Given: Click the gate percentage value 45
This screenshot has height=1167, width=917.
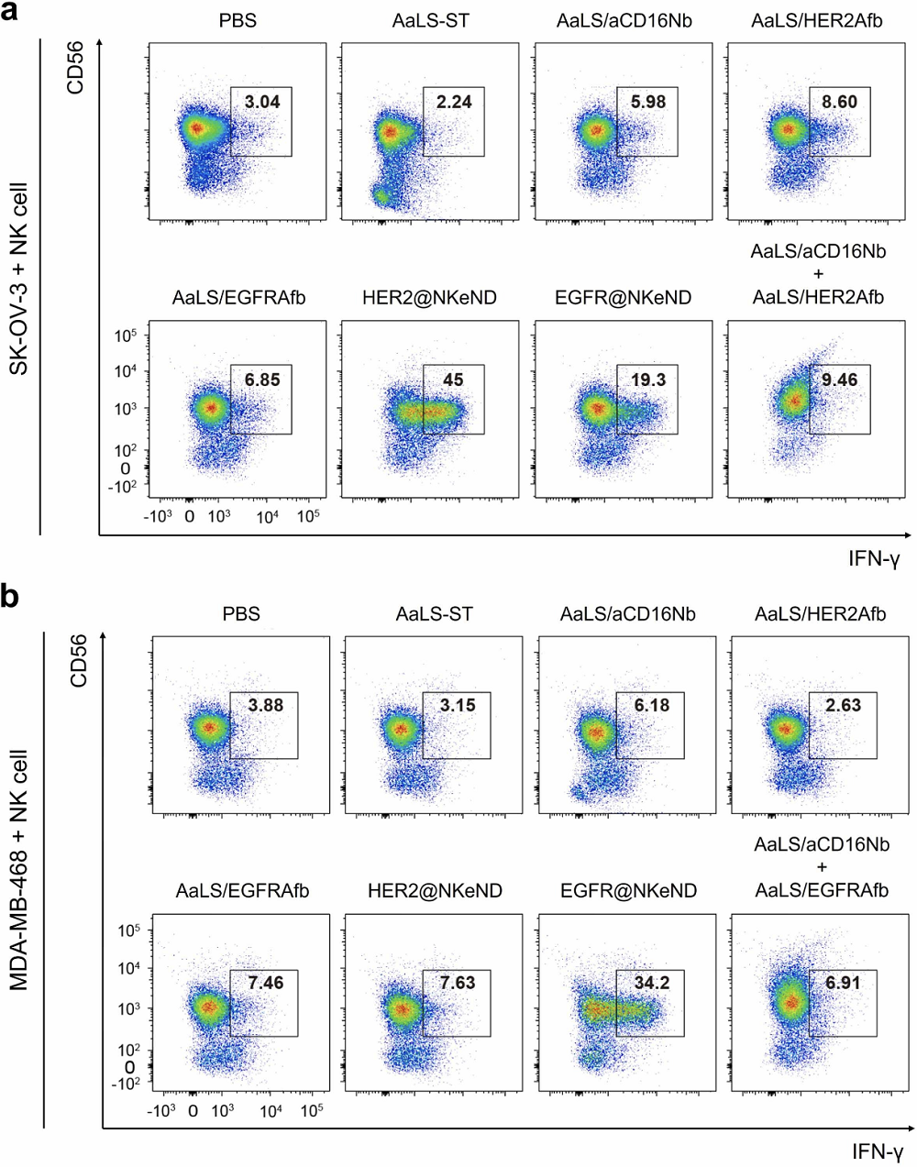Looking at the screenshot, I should (453, 380).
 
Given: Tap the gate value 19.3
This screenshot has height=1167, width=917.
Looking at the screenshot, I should (647, 380).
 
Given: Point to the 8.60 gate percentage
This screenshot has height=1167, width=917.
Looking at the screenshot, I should (840, 102).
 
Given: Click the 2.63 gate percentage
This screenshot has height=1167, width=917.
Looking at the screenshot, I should (843, 705).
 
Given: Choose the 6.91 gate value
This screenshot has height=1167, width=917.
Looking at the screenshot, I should (843, 983).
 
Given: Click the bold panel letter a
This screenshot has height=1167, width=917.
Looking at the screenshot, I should (13, 15).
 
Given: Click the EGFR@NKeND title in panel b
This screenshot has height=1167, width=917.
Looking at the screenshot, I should (627, 890).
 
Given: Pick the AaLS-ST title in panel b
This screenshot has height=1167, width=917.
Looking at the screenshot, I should (434, 613).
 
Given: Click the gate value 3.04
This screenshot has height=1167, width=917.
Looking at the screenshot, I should (262, 102).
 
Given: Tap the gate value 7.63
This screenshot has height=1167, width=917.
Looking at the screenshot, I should (457, 983).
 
